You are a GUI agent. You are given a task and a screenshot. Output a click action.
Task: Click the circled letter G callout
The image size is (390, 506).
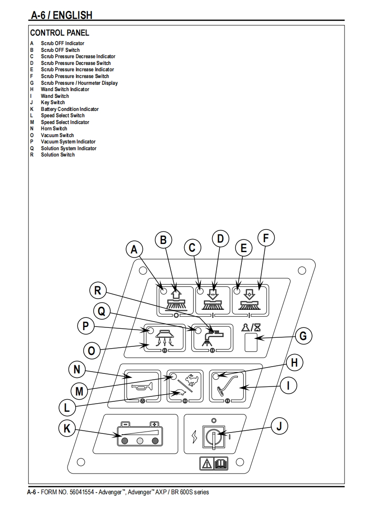[303, 336]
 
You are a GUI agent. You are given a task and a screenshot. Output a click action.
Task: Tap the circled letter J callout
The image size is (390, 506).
[279, 426]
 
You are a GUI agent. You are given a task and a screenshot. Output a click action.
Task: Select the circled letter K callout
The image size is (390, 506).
[67, 428]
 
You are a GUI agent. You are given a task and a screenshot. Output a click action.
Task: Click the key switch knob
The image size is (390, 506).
[213, 437]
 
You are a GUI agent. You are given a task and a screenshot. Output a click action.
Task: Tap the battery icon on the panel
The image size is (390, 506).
[140, 434]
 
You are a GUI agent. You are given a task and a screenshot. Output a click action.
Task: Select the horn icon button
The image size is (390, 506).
[142, 386]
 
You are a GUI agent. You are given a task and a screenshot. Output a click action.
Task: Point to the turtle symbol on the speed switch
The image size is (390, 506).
[179, 393]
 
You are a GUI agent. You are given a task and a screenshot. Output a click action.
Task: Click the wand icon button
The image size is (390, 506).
[227, 386]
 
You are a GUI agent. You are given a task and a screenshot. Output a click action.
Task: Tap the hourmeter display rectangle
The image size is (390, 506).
[251, 342]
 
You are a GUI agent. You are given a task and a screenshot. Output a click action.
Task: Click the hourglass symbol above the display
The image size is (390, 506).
[257, 327]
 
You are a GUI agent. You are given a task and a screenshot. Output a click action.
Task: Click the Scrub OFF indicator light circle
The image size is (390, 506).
[163, 291]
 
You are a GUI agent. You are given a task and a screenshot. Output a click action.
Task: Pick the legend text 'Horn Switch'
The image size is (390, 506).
[54, 129]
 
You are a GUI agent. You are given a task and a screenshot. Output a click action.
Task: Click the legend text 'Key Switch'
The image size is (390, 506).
[53, 102]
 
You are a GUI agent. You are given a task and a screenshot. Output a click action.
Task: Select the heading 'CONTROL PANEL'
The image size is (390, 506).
[59, 32]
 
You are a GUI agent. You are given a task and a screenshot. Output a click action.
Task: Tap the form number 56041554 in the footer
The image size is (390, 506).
[82, 492]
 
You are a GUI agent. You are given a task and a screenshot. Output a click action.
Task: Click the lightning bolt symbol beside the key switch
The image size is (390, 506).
[194, 437]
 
